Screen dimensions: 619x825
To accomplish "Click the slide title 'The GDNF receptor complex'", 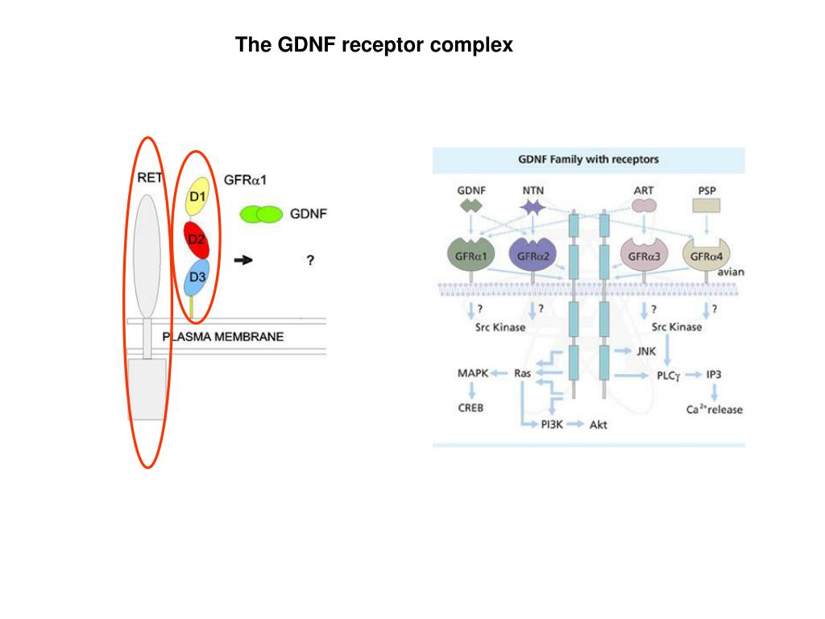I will tap(374, 45).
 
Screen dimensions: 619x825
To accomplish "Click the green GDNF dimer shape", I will tap(262, 214).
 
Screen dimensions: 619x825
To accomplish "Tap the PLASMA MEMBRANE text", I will tap(224, 337).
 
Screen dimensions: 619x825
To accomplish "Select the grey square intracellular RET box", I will tap(147, 388).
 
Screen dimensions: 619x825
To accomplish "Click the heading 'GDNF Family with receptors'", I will tap(588, 160).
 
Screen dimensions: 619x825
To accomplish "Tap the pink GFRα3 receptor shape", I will tap(645, 255).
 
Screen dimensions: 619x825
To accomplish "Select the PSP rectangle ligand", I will tap(706, 206).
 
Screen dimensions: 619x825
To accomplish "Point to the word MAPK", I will tap(473, 373).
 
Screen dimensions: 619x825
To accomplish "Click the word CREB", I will tap(471, 408).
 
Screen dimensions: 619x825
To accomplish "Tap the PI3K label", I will tap(552, 424).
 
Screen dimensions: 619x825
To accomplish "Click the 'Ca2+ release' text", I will tap(714, 409).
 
